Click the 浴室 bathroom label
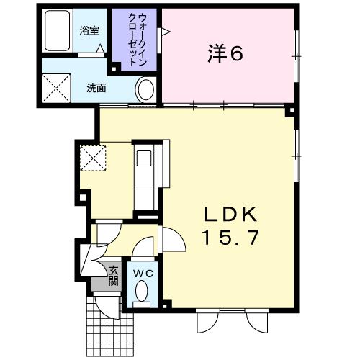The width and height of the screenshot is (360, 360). click(x=89, y=31)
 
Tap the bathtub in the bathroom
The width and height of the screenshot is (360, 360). click(x=58, y=30)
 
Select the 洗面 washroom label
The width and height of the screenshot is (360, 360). click(x=96, y=88)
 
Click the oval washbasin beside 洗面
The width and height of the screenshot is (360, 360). click(x=145, y=90)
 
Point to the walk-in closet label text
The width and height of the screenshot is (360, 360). click(x=138, y=40)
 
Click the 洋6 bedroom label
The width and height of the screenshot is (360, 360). click(x=225, y=53)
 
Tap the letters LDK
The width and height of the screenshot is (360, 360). click(x=230, y=214)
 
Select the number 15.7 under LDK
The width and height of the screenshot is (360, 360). click(x=230, y=237)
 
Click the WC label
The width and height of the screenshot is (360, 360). click(x=143, y=273)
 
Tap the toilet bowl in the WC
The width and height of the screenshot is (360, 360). click(x=141, y=291)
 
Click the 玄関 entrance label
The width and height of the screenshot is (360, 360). click(x=114, y=276)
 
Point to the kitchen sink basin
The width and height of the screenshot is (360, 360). click(x=144, y=158)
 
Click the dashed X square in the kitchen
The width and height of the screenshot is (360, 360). click(x=93, y=158)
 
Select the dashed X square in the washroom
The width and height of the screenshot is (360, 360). click(x=56, y=89)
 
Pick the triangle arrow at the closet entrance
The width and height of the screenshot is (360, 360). click(x=166, y=32)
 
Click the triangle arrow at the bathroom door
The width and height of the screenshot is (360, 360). click(x=101, y=48)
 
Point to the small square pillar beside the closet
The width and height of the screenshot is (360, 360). click(x=114, y=69)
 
